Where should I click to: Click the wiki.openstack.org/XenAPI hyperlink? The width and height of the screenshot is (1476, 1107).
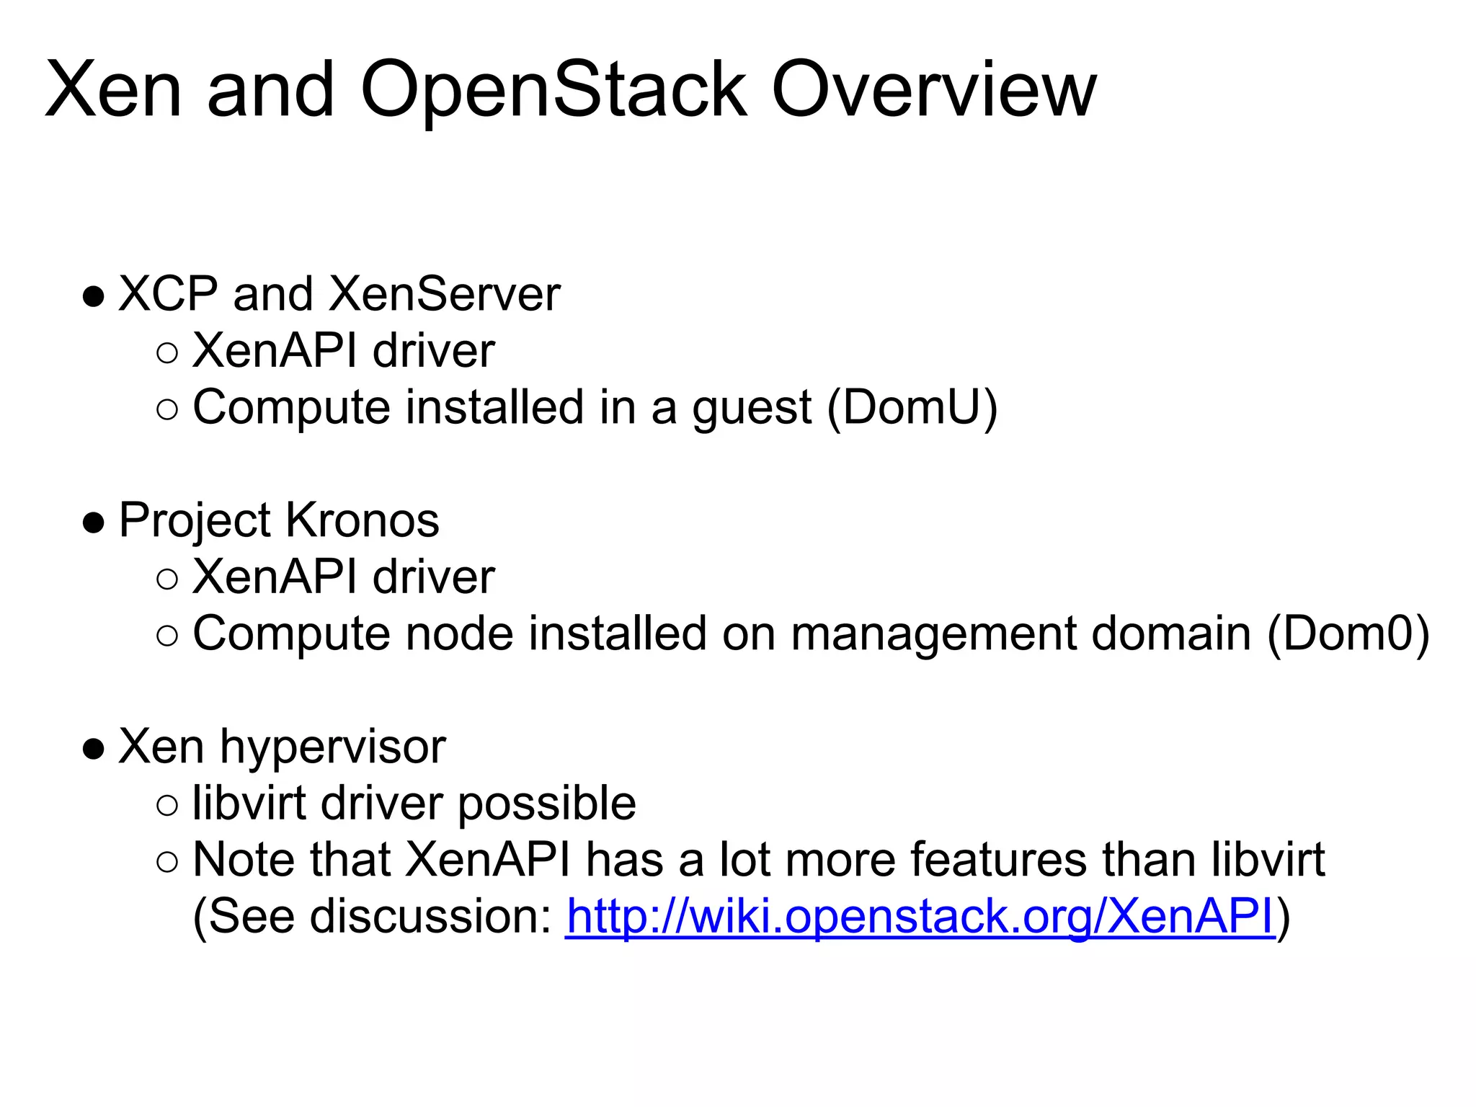coord(920,916)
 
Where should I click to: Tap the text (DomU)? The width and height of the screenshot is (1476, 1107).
coord(912,407)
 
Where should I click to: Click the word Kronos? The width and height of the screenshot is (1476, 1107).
coord(362,520)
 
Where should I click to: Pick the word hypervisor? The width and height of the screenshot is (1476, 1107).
coord(333,747)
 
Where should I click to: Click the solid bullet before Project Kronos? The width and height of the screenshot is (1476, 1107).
coord(94,523)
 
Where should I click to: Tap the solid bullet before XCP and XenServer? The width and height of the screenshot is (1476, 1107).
coord(94,296)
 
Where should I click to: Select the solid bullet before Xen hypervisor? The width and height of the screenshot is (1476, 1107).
coord(94,749)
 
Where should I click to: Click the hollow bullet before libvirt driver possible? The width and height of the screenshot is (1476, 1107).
coord(166,805)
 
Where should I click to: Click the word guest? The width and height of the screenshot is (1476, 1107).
coord(752,409)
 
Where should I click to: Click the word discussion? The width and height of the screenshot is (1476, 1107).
coord(431,916)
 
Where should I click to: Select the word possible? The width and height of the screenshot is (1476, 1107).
coord(547,804)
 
